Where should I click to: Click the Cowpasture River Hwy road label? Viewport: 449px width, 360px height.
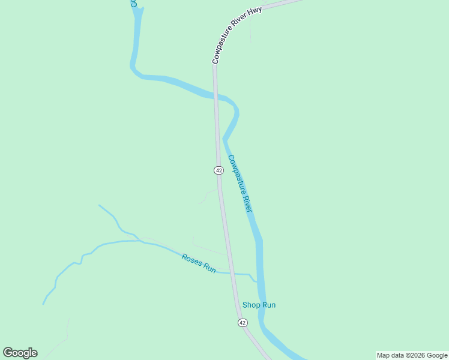coord(236,36)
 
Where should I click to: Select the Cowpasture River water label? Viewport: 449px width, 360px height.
coord(240,183)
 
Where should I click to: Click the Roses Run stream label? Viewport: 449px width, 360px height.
coord(199,263)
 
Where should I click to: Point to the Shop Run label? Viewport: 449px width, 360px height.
coord(259,305)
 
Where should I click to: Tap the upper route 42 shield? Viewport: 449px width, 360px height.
coord(218,170)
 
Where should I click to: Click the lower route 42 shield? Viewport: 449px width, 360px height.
coord(242,323)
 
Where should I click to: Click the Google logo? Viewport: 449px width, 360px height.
coord(20,353)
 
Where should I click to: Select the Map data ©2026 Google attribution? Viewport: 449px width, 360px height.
coord(412,355)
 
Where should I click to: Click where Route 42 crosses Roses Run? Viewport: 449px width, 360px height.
coord(231,273)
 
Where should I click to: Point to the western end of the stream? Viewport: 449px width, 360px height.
coord(43,304)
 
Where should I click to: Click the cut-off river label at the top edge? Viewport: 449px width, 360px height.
coord(134,4)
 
